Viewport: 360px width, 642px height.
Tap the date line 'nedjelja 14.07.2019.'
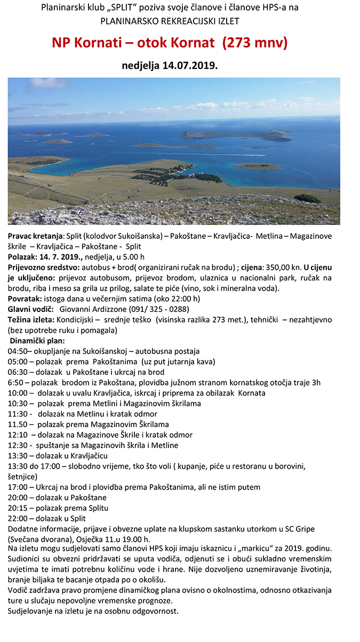tap(170, 66)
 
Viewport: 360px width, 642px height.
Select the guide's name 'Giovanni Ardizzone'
tap(95, 309)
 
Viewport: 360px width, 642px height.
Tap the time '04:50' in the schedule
tap(17, 351)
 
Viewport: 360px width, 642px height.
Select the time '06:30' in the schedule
tap(17, 372)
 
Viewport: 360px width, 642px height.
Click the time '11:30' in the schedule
tap(17, 414)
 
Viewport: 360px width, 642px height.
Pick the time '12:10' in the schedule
tap(17, 435)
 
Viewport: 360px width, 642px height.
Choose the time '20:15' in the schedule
tap(17, 508)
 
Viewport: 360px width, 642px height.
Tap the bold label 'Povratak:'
tap(25, 299)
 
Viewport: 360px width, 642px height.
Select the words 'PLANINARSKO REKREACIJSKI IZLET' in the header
tap(170, 21)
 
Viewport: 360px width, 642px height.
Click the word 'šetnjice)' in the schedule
tap(22, 476)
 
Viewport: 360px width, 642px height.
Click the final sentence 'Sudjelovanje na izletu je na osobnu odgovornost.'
tap(93, 611)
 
